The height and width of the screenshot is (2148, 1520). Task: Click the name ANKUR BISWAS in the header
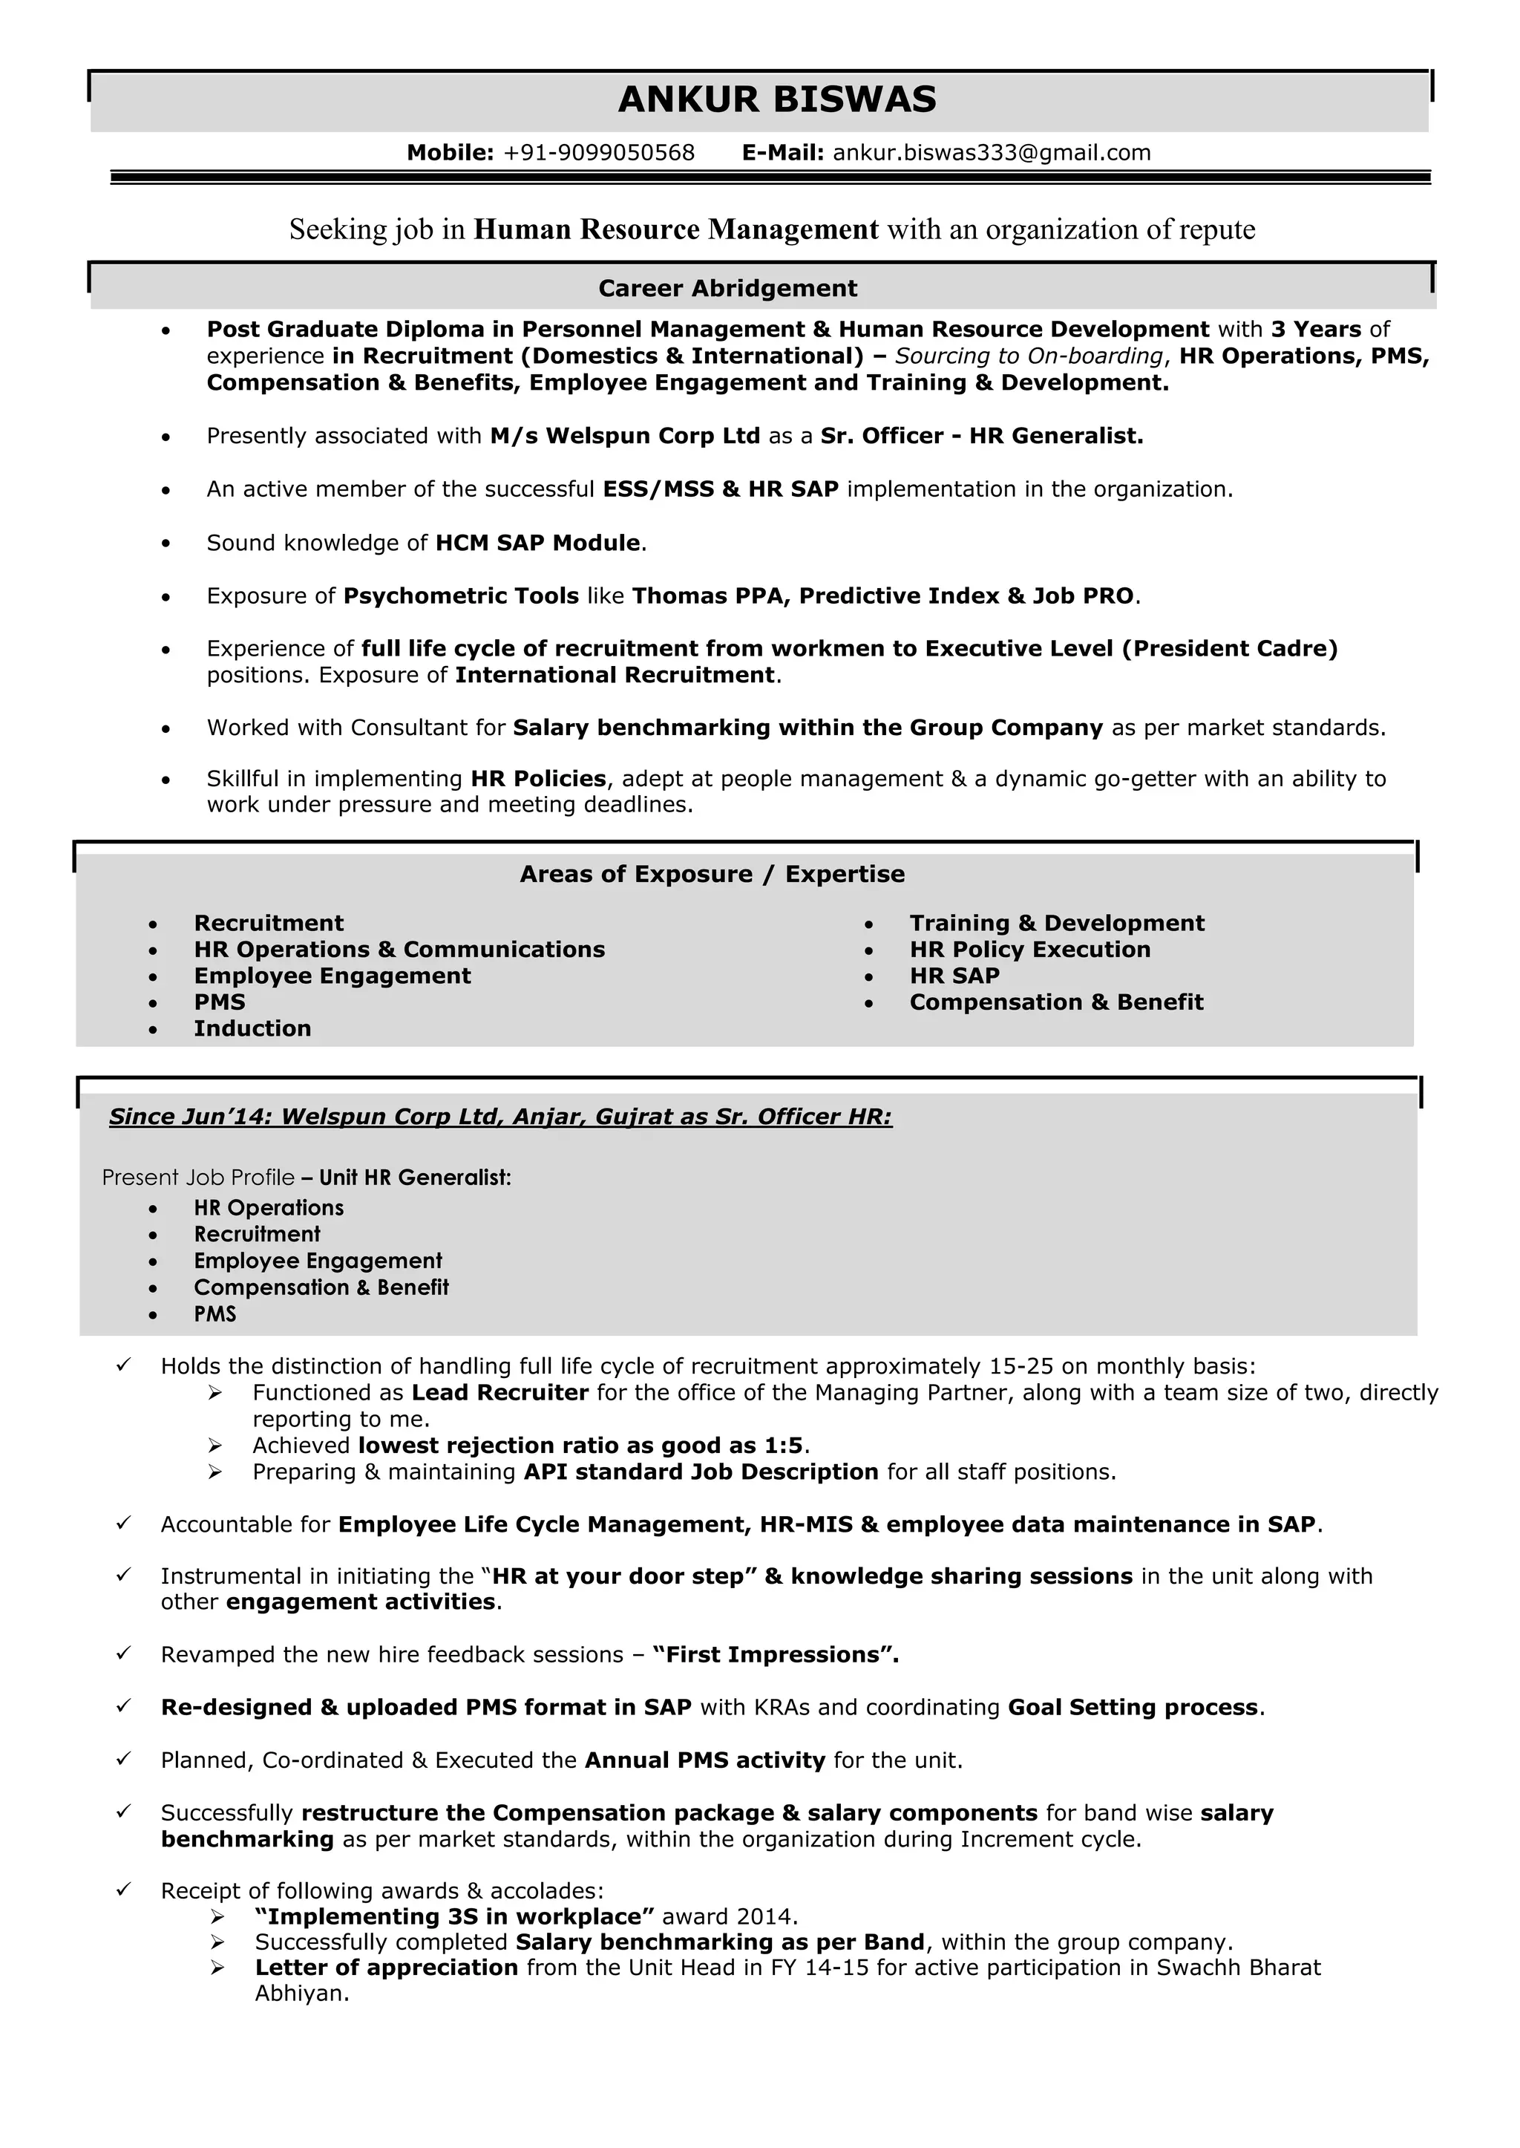tap(777, 99)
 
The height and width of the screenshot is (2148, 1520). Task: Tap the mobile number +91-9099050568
tap(599, 153)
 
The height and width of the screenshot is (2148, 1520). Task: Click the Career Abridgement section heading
tap(727, 288)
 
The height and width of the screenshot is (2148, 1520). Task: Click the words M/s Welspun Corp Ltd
tap(624, 437)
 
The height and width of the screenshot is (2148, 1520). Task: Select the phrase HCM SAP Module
tap(538, 543)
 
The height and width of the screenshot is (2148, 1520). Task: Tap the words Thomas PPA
tap(707, 596)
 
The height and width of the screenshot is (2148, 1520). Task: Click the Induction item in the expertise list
tap(252, 1028)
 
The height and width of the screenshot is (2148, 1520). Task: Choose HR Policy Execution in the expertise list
tap(1029, 950)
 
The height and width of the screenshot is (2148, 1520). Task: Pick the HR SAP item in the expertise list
tap(954, 976)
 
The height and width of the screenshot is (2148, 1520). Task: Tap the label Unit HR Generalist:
tap(415, 1178)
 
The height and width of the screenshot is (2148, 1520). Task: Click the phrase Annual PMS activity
tap(704, 1760)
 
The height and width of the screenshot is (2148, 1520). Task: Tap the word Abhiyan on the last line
tap(301, 1994)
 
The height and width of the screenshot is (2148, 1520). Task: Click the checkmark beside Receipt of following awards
tap(122, 1890)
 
